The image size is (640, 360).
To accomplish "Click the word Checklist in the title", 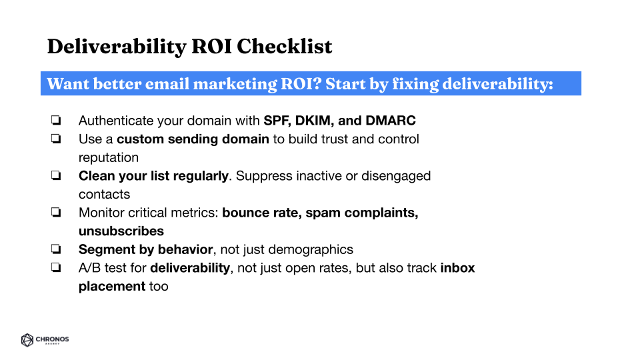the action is pyautogui.click(x=285, y=46).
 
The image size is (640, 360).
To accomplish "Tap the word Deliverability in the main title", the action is pyautogui.click(x=117, y=47).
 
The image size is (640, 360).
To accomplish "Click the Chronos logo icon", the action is pyautogui.click(x=27, y=340).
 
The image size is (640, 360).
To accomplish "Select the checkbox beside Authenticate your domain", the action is pyautogui.click(x=56, y=120).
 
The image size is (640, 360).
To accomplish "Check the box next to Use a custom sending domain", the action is pyautogui.click(x=56, y=139).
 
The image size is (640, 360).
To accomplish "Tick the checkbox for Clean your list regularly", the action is pyautogui.click(x=56, y=175).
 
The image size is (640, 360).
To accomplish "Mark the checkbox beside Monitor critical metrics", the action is pyautogui.click(x=56, y=212).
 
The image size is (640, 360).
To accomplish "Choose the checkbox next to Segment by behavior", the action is pyautogui.click(x=56, y=249).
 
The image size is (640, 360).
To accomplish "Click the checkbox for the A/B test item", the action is pyautogui.click(x=56, y=267).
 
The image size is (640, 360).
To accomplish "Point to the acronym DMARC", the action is pyautogui.click(x=391, y=121).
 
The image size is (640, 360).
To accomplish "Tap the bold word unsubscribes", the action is pyautogui.click(x=121, y=231).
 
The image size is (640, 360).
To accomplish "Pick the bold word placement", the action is pyautogui.click(x=112, y=287).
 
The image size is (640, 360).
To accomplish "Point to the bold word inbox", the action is pyautogui.click(x=457, y=268).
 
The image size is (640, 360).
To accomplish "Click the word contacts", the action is pyautogui.click(x=105, y=194).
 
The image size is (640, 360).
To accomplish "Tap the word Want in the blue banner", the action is pyautogui.click(x=68, y=84).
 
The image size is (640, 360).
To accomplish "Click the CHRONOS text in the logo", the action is pyautogui.click(x=52, y=339).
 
